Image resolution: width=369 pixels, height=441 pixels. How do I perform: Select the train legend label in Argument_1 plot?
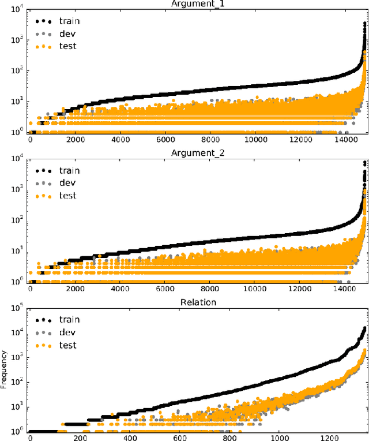click(x=70, y=21)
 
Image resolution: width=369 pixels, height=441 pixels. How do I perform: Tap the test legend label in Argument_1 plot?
click(x=68, y=46)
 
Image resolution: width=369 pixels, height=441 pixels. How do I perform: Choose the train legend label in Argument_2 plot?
click(x=70, y=170)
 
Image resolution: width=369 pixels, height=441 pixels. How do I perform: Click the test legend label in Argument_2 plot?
click(x=68, y=196)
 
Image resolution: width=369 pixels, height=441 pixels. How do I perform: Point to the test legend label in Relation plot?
click(x=68, y=345)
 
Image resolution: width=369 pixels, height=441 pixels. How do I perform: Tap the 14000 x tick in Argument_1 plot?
click(x=356, y=139)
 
